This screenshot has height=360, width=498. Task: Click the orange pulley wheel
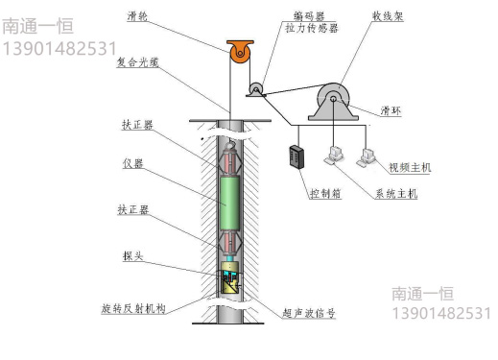pos(238,55)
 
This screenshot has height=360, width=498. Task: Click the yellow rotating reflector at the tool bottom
pos(231,281)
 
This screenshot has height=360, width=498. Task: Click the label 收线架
pos(391,16)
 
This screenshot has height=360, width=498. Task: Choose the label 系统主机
pos(396,194)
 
